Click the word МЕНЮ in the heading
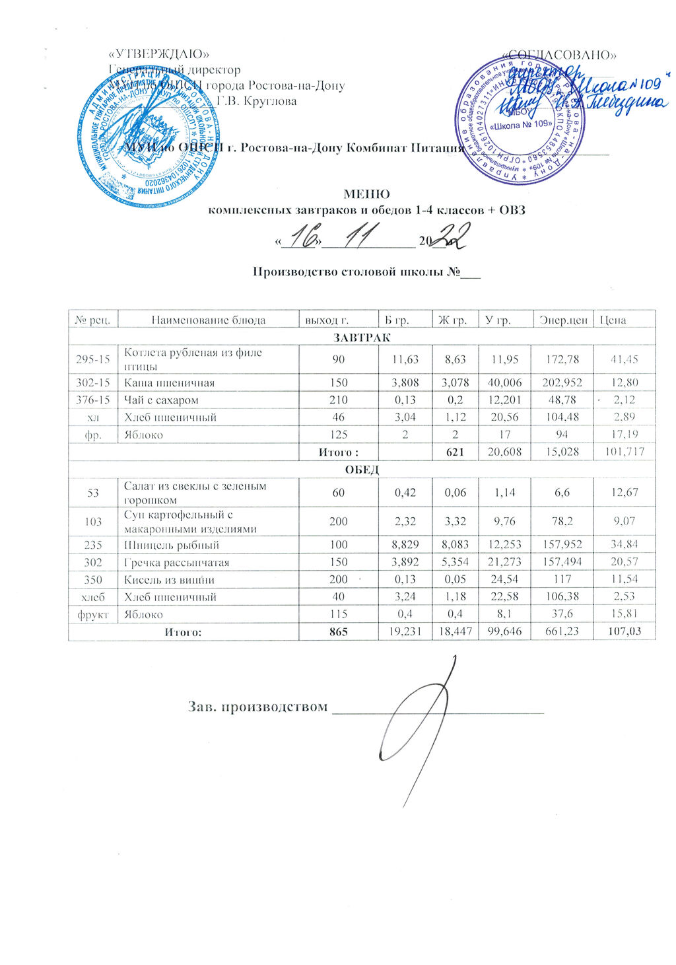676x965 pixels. (366, 195)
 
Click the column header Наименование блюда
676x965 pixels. (208, 320)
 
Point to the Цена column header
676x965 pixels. (613, 320)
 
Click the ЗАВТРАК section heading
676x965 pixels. (362, 338)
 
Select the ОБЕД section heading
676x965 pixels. (362, 470)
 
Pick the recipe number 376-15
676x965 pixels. (92, 400)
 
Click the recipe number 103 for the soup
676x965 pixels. (93, 521)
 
